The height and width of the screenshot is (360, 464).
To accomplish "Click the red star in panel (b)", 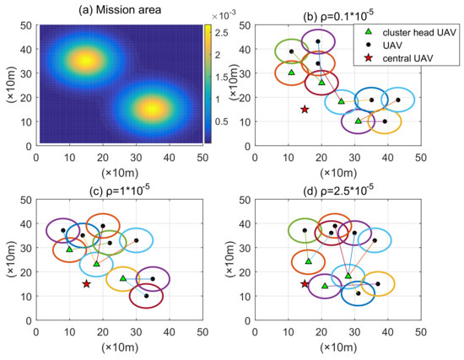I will [x=305, y=110].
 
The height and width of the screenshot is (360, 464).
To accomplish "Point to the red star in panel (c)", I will [x=86, y=284].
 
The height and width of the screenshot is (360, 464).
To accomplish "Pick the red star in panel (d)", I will [x=305, y=284].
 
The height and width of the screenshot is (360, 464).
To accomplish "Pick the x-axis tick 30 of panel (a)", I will [x=136, y=156].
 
